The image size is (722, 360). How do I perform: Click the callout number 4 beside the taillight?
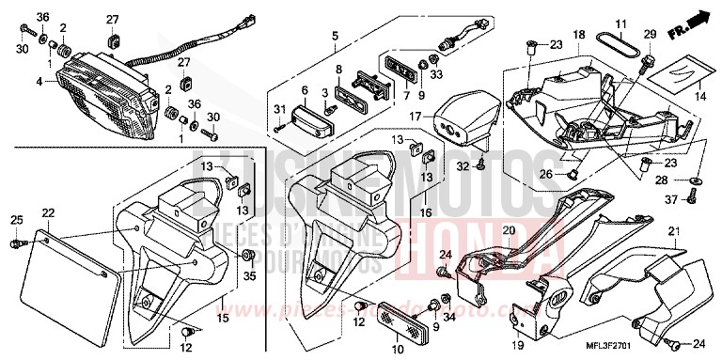[39, 82]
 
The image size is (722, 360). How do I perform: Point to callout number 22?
[47, 213]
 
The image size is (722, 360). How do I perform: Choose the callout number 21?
[671, 231]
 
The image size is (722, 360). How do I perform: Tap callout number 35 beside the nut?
[248, 275]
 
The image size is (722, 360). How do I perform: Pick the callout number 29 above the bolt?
[648, 35]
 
